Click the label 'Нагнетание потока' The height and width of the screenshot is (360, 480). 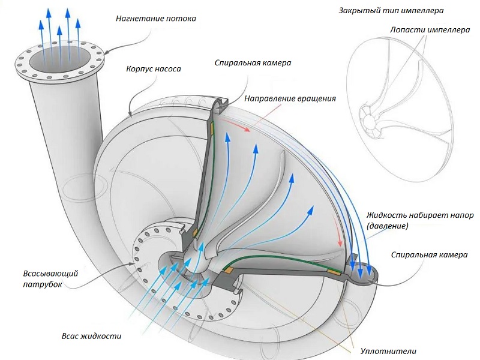[156, 19]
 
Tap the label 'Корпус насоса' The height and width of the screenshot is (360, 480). [154, 69]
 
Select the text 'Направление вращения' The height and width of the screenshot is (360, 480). [290, 99]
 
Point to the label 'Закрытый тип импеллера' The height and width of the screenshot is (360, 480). [391, 11]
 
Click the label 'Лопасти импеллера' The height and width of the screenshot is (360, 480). [430, 29]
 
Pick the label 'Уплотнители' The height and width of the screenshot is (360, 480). [388, 351]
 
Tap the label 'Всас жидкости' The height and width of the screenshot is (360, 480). [92, 336]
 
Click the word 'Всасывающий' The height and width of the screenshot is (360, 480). [51, 274]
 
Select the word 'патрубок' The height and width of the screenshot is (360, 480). [43, 284]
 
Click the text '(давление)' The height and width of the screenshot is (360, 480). [388, 226]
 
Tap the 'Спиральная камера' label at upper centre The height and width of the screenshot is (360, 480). [253, 63]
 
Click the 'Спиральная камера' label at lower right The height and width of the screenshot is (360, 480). [429, 254]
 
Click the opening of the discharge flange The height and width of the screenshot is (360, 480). [60, 59]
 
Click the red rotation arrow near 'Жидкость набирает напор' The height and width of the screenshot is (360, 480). [338, 232]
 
